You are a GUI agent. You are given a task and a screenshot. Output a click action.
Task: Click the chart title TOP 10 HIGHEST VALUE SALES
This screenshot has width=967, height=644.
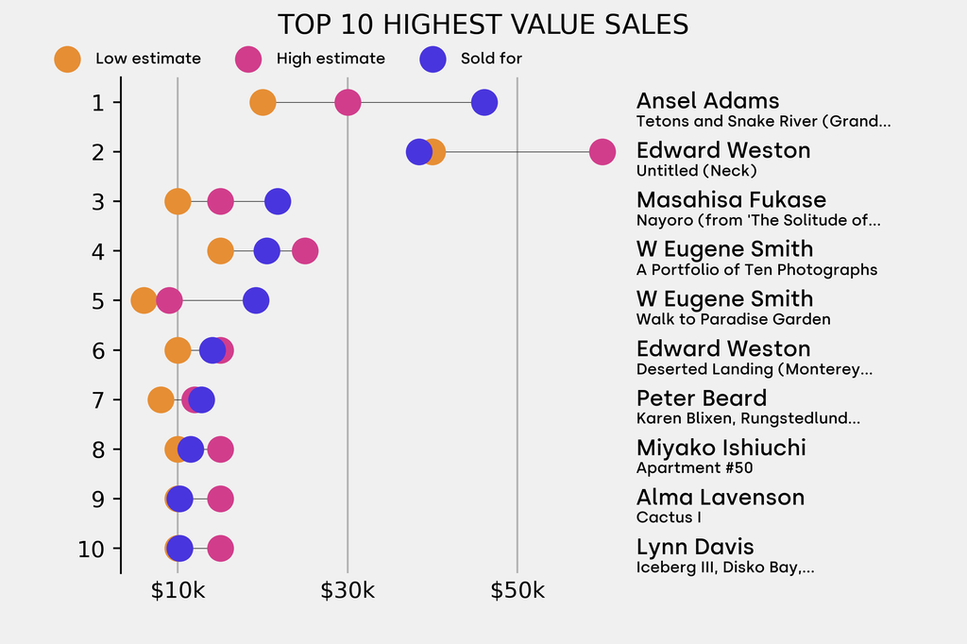click(483, 25)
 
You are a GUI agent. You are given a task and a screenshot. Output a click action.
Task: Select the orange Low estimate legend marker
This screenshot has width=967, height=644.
click(67, 59)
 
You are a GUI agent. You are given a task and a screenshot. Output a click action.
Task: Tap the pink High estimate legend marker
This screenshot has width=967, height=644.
click(248, 59)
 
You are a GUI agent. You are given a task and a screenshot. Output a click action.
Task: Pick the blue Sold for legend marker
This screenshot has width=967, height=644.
click(433, 59)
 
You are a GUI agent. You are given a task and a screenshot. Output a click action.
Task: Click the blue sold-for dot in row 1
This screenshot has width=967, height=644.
click(484, 102)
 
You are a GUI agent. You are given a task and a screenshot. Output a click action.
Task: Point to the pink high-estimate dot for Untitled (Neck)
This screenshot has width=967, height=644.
click(602, 151)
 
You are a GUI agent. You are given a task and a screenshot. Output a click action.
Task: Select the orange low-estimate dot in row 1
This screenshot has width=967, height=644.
click(263, 102)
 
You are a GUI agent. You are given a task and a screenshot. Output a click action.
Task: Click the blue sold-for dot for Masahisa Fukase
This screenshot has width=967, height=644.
click(278, 201)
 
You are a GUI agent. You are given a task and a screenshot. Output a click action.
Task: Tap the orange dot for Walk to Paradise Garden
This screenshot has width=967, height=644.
click(144, 300)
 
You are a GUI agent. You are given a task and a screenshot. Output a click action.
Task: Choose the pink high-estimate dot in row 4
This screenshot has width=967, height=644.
click(305, 251)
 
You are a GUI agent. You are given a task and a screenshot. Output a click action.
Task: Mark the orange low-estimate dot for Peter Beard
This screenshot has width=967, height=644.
click(161, 399)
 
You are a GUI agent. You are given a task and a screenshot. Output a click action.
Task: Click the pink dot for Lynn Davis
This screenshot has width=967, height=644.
click(221, 549)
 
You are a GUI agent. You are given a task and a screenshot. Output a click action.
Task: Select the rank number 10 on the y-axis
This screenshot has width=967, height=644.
click(91, 549)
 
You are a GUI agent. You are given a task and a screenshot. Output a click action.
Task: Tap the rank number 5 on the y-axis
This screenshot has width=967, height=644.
click(98, 300)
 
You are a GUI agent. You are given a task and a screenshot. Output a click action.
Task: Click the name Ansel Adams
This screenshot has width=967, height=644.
click(707, 101)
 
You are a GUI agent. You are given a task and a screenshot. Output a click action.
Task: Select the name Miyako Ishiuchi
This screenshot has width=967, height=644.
click(721, 448)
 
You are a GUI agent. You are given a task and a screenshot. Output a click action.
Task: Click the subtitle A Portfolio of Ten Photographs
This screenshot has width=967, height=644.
click(756, 270)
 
